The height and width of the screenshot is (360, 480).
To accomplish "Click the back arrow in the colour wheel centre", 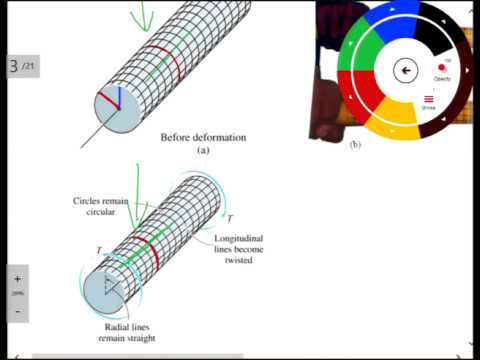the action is (405, 69).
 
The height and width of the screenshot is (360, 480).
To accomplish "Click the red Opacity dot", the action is (441, 68).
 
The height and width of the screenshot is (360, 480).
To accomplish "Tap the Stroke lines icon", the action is (429, 99).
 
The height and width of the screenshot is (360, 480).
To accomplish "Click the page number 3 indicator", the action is (14, 67).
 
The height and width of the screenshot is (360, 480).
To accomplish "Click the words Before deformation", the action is (203, 137).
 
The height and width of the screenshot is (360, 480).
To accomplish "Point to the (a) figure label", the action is (203, 150).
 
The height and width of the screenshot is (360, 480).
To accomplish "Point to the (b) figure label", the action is (355, 145).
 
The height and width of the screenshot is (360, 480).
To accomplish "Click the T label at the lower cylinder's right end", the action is (231, 218).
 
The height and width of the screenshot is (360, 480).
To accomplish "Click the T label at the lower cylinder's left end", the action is (99, 250).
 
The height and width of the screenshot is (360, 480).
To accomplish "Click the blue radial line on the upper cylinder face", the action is (119, 97).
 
